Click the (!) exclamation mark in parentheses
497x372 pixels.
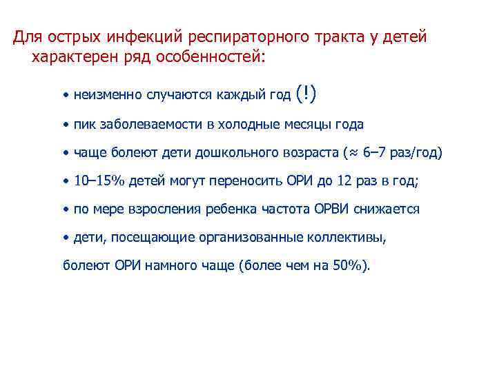[306, 93]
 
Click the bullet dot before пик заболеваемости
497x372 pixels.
[64, 124]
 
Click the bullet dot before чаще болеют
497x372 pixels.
[64, 152]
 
